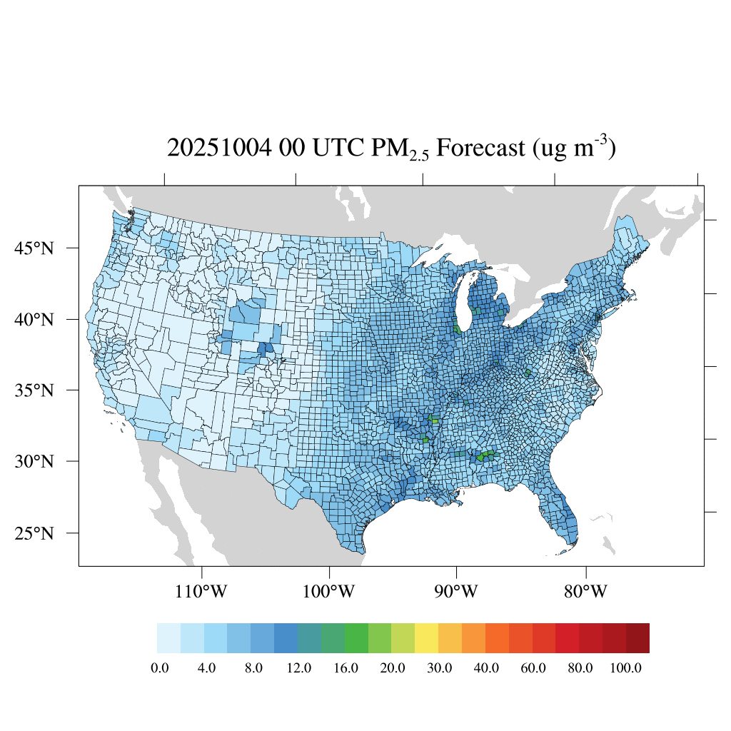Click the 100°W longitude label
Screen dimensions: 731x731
330,592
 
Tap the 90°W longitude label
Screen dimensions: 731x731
457,592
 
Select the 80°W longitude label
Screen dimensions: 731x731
586,592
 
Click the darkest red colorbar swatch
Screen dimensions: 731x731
637,638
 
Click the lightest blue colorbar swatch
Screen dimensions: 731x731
168,638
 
